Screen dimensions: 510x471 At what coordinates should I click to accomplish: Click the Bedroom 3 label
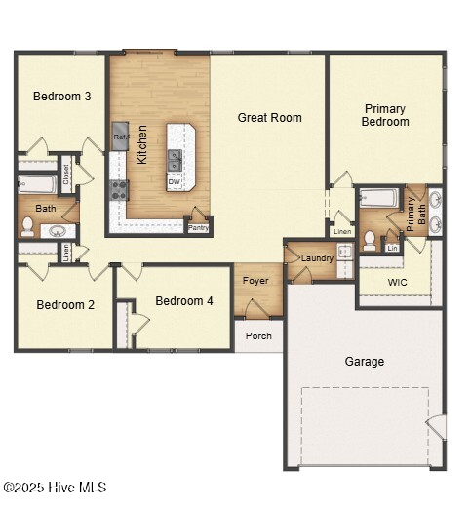[x=62, y=97]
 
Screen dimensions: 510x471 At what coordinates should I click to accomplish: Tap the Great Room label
[x=270, y=118]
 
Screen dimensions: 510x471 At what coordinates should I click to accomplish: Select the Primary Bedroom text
[x=385, y=115]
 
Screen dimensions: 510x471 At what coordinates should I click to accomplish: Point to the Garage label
[x=364, y=361]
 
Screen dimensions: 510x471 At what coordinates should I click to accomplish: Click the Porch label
[x=258, y=336]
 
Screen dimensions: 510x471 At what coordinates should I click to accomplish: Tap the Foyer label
[x=255, y=281]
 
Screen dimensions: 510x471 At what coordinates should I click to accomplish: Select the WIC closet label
[x=397, y=283]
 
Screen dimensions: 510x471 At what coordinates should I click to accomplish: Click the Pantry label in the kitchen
[x=198, y=227]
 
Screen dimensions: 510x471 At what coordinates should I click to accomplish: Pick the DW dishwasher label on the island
[x=174, y=182]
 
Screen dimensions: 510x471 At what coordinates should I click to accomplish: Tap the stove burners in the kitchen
[x=119, y=189]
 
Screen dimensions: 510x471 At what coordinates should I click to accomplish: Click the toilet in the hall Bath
[x=28, y=227]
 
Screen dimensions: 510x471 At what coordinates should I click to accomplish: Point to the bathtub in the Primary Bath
[x=377, y=198]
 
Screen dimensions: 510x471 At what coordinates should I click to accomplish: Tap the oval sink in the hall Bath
[x=59, y=231]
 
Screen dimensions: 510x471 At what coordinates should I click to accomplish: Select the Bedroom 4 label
[x=183, y=301]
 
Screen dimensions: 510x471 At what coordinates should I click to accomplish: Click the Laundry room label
[x=317, y=258]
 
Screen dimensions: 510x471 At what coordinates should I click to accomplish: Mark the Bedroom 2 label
[x=65, y=305]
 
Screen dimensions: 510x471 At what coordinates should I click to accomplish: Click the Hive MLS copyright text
[x=55, y=488]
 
